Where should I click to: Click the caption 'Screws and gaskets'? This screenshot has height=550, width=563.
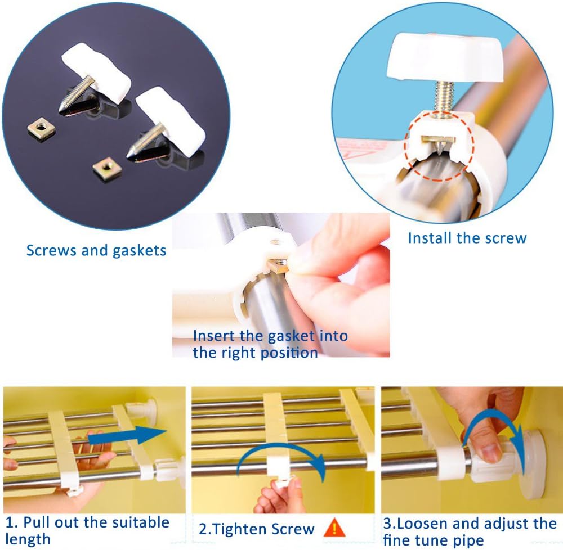pyautogui.click(x=96, y=250)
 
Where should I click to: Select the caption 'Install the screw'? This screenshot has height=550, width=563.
pyautogui.click(x=467, y=237)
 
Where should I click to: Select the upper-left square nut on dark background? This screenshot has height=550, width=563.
pyautogui.click(x=38, y=131)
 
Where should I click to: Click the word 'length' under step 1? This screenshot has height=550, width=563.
pyautogui.click(x=28, y=539)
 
